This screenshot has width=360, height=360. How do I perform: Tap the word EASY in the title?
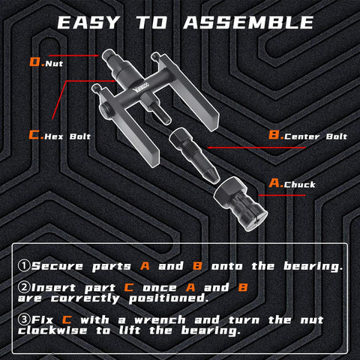pyautogui.click(x=88, y=22)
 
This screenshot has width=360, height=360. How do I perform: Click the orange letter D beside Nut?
pyautogui.click(x=34, y=63)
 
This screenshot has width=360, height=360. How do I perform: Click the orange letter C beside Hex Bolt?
pyautogui.click(x=34, y=136)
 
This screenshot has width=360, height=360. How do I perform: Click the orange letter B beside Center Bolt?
pyautogui.click(x=274, y=136)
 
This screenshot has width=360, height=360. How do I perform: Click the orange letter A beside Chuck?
pyautogui.click(x=274, y=183)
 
